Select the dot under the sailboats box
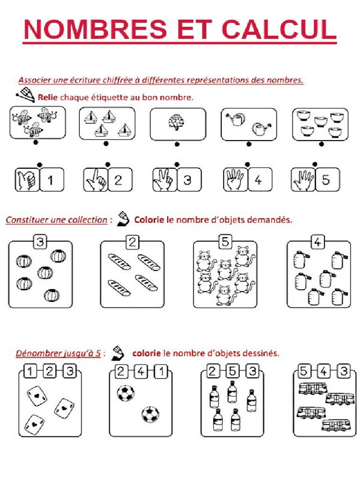(106, 144)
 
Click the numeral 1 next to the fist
(51, 180)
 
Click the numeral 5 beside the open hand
(325, 180)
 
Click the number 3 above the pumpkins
(41, 242)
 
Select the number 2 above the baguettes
(133, 242)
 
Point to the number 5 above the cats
(225, 242)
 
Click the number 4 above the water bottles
(318, 242)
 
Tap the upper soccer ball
(125, 393)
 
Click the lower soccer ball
(150, 414)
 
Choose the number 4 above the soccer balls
(141, 372)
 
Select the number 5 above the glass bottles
(232, 372)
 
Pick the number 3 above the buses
(345, 372)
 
